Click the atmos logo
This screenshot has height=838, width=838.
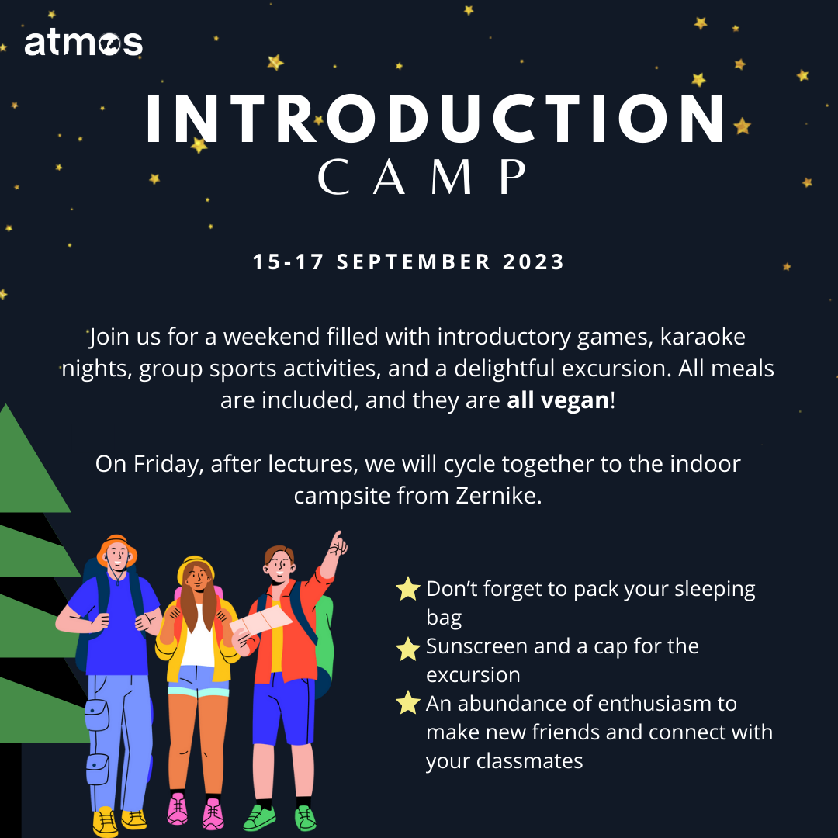pyautogui.click(x=83, y=43)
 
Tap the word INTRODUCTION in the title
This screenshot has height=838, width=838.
pyautogui.click(x=435, y=119)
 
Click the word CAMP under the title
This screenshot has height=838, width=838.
pyautogui.click(x=421, y=176)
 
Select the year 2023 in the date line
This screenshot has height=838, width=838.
pyautogui.click(x=533, y=262)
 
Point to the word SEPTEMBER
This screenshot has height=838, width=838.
pyautogui.click(x=413, y=262)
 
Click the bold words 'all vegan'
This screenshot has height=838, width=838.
pyautogui.click(x=557, y=400)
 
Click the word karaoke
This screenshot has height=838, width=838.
pyautogui.click(x=702, y=337)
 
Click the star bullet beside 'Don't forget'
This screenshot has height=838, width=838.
pyautogui.click(x=408, y=588)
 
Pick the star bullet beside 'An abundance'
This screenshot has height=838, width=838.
pyautogui.click(x=408, y=702)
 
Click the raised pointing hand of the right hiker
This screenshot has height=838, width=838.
pyautogui.click(x=338, y=543)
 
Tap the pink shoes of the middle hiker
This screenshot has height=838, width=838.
pyautogui.click(x=195, y=812)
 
